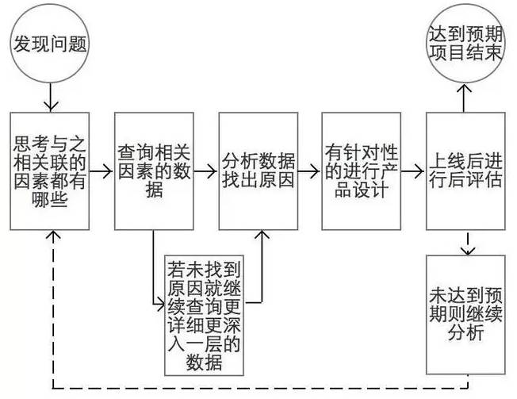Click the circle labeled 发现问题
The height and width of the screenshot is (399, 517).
(50, 45)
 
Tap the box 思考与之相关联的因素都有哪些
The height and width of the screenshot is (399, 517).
(51, 171)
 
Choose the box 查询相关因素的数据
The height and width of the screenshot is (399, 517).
(153, 171)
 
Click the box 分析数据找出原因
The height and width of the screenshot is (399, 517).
(258, 171)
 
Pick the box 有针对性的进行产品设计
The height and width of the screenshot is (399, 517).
(361, 171)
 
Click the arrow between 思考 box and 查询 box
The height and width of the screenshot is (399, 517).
(101, 171)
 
